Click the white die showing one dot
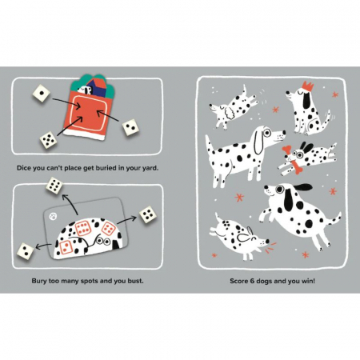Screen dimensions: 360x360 (x=42, y=94)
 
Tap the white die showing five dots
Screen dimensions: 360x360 (x=48, y=140)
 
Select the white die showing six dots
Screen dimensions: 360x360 (x=54, y=185)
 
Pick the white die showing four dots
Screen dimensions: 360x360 (x=147, y=214)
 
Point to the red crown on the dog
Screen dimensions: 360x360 (x=308, y=86)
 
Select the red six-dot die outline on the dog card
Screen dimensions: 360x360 (x=82, y=228)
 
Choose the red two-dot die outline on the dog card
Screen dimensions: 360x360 (x=66, y=247)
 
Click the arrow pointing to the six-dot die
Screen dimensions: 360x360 (x=69, y=204)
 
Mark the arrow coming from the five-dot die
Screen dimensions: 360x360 (x=70, y=126)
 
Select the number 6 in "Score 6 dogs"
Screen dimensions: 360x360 (x=252, y=281)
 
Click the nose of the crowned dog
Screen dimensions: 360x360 (x=288, y=93)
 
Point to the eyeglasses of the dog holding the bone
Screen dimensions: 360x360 (x=298, y=154)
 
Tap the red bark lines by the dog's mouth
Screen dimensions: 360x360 (x=271, y=246)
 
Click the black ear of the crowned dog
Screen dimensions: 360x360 (x=306, y=102)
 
